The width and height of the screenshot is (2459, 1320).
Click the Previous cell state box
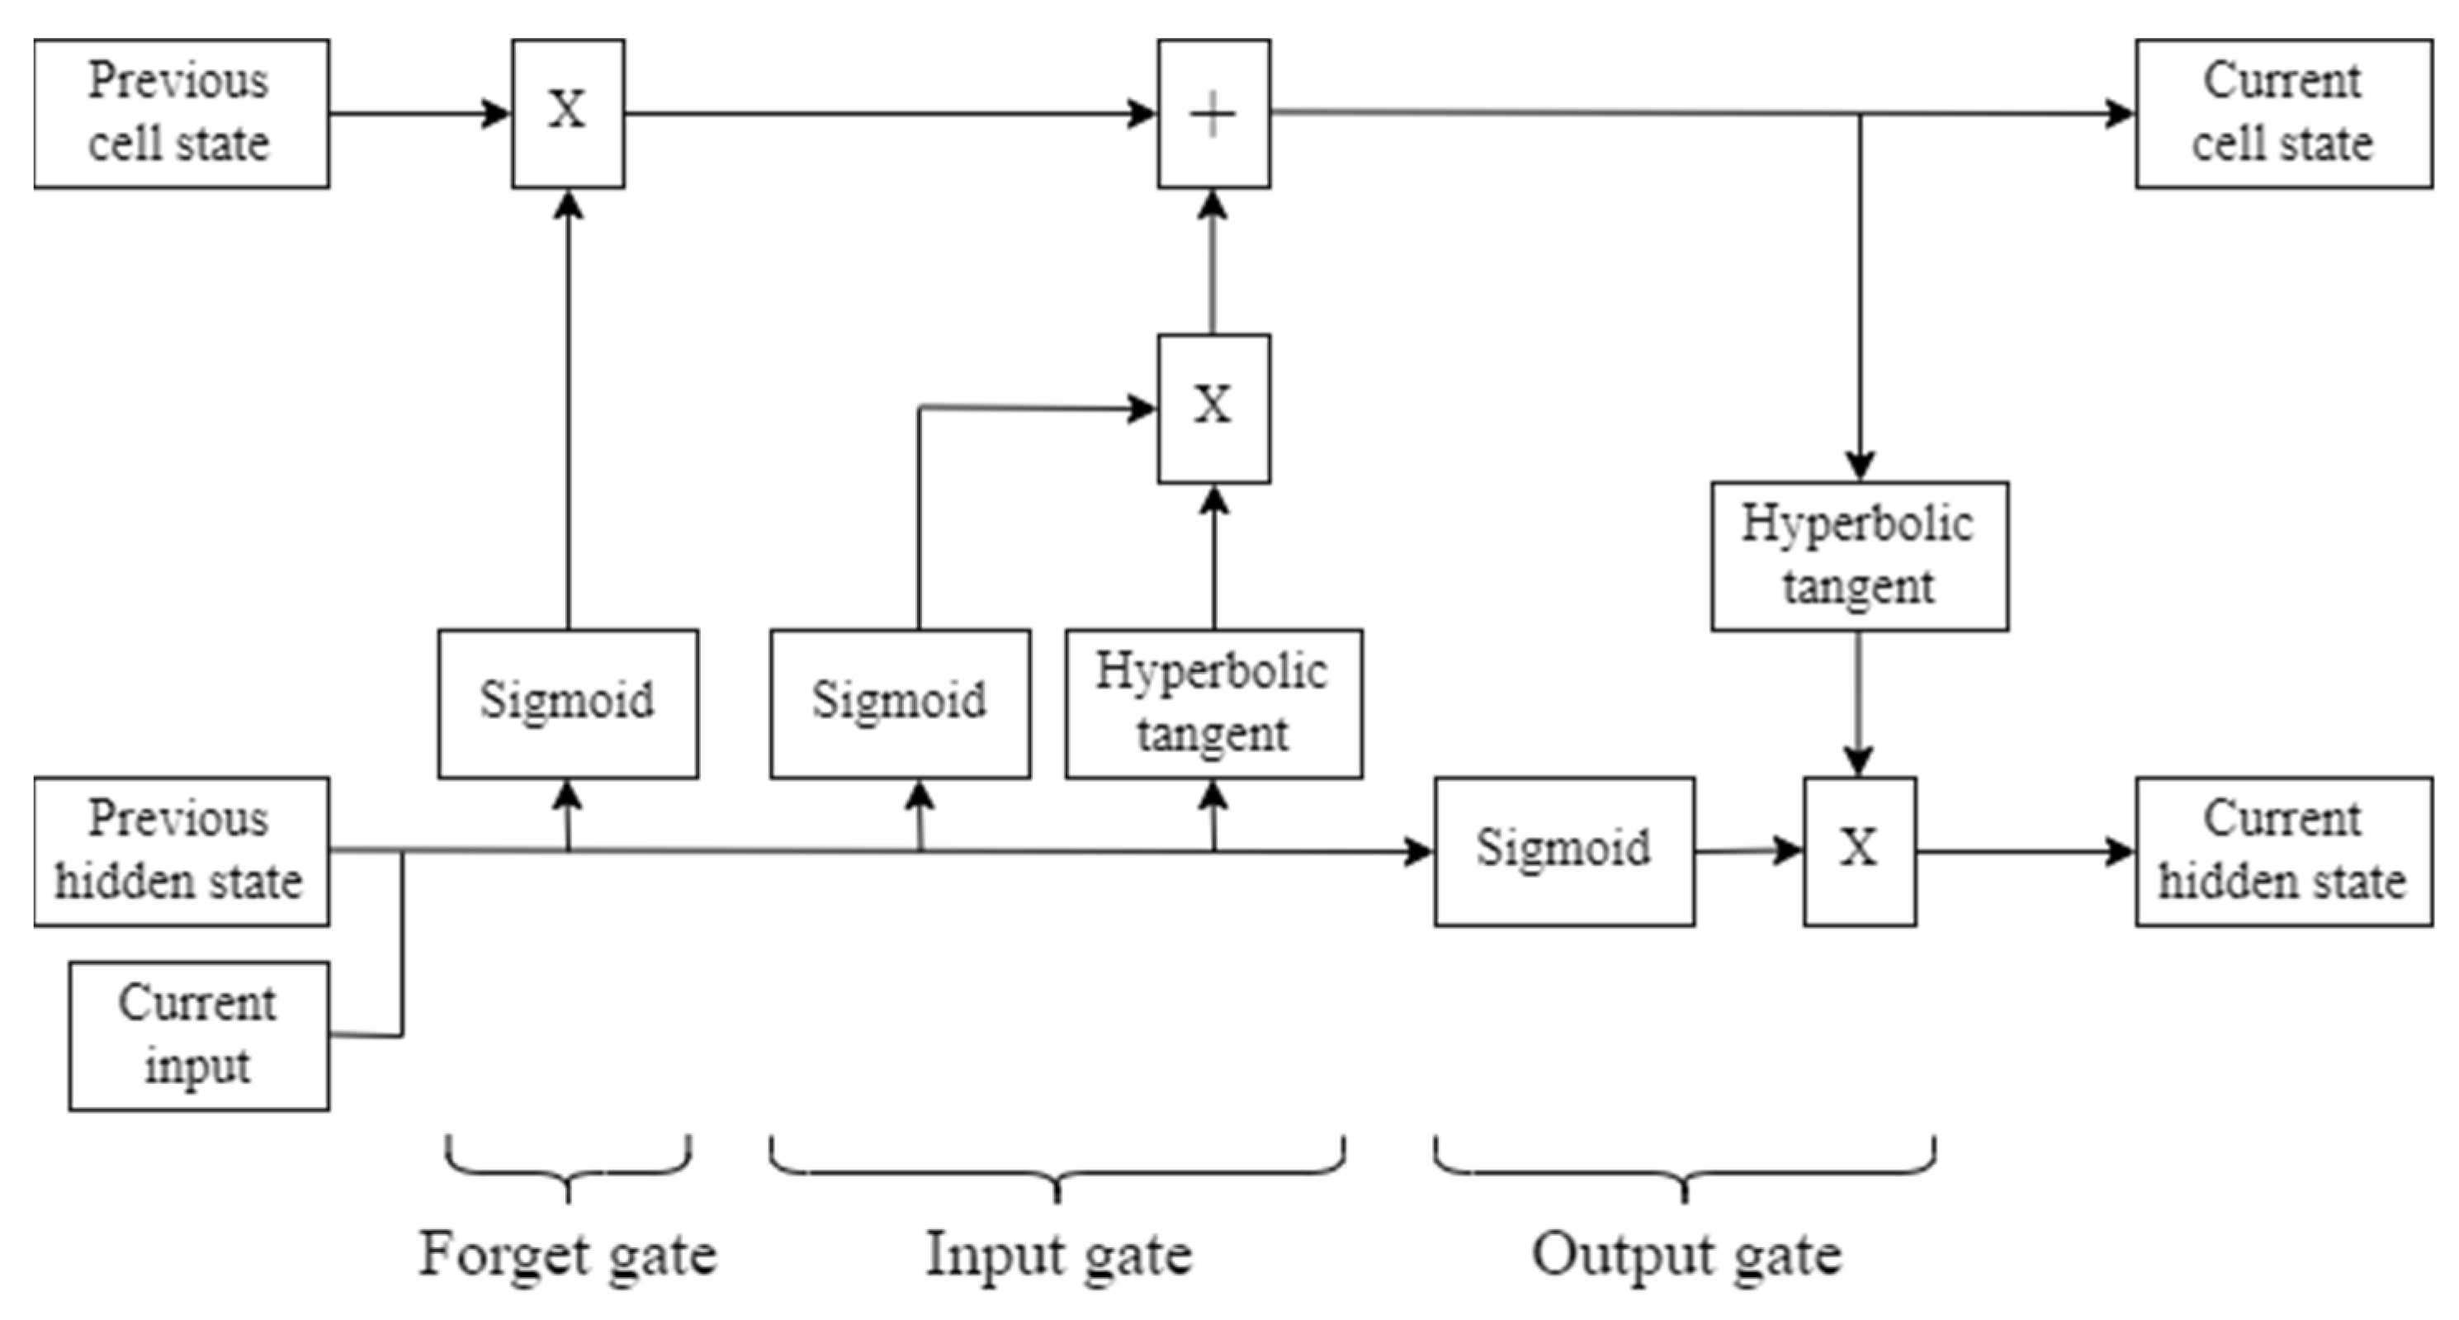click(182, 114)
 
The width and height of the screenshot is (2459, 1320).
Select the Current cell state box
click(2282, 114)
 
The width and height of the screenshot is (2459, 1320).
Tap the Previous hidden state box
click(182, 851)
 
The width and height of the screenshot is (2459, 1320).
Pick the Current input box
click(199, 1035)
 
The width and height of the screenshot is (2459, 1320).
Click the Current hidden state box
click(2282, 851)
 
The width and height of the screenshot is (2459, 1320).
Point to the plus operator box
click(1213, 114)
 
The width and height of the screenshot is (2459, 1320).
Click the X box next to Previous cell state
click(568, 114)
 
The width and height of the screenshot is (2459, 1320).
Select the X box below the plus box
click(1213, 409)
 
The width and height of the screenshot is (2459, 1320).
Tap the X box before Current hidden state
click(1859, 851)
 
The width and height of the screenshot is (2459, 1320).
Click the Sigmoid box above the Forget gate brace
click(568, 703)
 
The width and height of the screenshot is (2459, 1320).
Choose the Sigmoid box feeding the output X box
click(1563, 851)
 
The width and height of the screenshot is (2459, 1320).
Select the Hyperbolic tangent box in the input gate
click(1213, 703)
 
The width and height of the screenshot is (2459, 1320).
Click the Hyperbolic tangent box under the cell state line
click(1859, 556)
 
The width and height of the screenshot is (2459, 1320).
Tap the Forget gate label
click(568, 1255)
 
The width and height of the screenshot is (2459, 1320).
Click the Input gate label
click(1058, 1255)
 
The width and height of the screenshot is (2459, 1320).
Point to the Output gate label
click(1686, 1255)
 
